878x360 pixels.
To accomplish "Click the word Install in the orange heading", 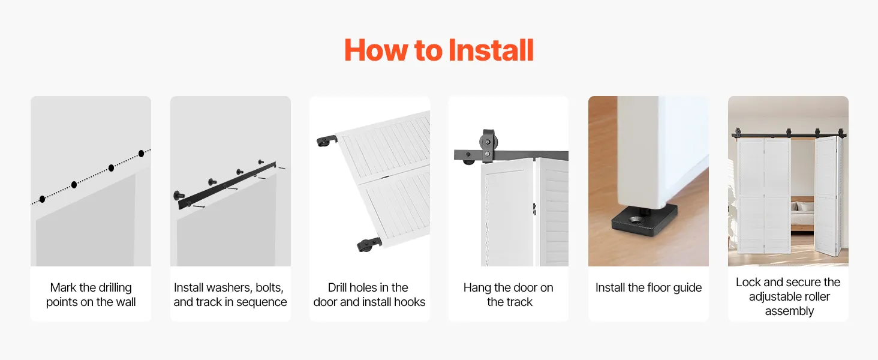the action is coord(491,50).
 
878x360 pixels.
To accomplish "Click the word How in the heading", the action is coord(376,50).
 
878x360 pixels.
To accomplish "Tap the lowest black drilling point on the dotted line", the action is coord(43,199).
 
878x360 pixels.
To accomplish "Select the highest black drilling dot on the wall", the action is coord(141,154).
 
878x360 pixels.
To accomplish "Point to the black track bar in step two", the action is coord(227,185).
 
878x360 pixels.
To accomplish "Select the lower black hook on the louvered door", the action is coord(369,244).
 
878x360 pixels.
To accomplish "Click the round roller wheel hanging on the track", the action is coord(487,142).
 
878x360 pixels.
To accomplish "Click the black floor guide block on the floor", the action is coord(644,220).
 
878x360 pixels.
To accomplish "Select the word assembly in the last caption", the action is coord(789,311).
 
